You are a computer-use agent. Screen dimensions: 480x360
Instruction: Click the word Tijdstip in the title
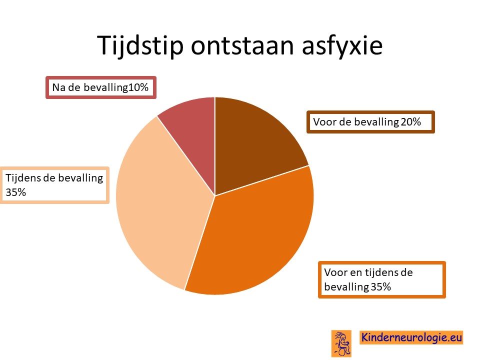coord(140,45)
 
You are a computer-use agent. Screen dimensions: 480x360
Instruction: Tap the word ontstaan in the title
coord(242,45)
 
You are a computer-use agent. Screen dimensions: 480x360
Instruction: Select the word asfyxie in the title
coord(342,46)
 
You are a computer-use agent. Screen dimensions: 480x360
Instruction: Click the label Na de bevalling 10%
coord(101,87)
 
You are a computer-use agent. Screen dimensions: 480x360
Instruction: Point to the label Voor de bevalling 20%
coord(370,122)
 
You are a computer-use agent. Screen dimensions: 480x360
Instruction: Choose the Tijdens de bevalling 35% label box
coord(54,185)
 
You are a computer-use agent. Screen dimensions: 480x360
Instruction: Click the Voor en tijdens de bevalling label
coord(381,280)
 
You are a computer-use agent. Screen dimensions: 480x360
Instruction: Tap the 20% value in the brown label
coord(411,122)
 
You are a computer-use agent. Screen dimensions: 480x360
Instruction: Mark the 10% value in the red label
coord(138,87)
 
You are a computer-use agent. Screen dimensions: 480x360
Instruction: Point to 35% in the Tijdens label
coord(16,192)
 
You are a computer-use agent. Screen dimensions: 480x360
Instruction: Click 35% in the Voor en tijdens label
coord(381,287)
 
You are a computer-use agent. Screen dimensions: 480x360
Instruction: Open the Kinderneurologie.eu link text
coord(411,337)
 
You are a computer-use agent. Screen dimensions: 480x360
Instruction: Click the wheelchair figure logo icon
coord(341,343)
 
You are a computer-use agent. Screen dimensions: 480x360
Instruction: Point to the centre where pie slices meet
coord(215,195)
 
